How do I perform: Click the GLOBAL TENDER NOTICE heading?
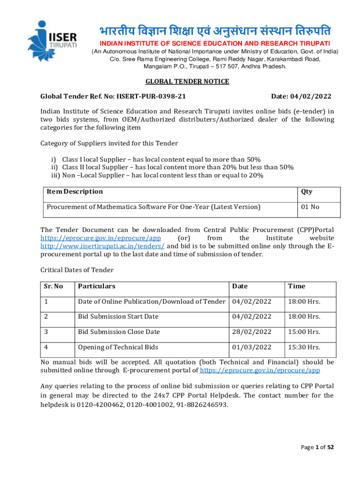click(187, 81)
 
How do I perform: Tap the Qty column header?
click(307, 191)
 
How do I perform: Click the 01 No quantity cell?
click(310, 207)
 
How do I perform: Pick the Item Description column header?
click(74, 191)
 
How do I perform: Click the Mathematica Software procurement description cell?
click(153, 207)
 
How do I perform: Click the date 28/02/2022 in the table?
click(252, 332)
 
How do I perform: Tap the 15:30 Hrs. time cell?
click(304, 347)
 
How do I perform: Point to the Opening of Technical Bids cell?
click(118, 347)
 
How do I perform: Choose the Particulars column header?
click(97, 286)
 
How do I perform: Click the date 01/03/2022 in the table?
click(252, 347)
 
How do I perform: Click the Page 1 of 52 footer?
click(317, 447)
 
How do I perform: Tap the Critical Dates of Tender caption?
click(77, 270)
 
